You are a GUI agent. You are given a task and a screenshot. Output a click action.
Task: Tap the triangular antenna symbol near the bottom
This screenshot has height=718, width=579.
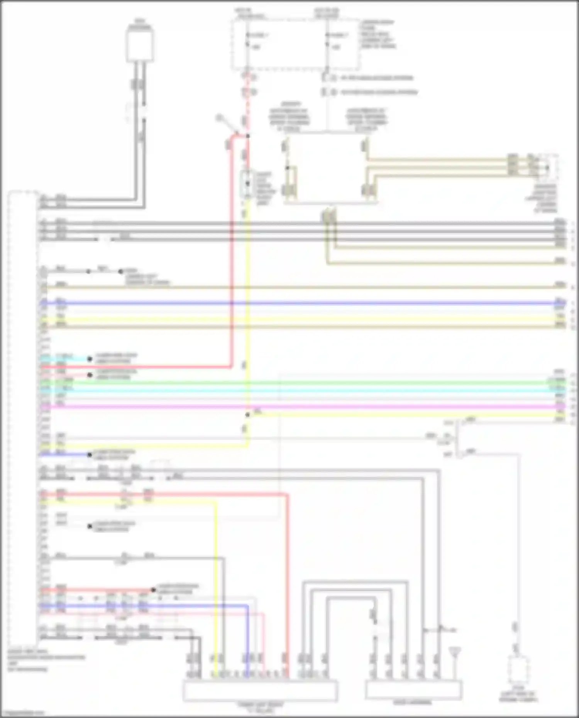click(x=455, y=652)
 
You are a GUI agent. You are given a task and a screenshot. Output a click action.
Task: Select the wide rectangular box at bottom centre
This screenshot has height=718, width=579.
click(x=260, y=691)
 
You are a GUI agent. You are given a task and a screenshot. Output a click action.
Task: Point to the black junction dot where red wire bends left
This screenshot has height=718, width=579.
click(x=247, y=136)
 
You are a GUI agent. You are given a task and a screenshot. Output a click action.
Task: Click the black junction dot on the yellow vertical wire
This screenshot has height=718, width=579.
click(x=247, y=415)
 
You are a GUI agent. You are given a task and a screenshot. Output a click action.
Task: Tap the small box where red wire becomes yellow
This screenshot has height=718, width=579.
click(x=247, y=183)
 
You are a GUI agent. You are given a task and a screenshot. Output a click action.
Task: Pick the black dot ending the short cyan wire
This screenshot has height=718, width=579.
click(x=90, y=359)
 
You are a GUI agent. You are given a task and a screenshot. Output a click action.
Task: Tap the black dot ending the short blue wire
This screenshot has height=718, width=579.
click(x=90, y=454)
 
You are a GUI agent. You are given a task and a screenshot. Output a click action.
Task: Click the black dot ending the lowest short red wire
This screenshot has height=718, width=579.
click(x=153, y=590)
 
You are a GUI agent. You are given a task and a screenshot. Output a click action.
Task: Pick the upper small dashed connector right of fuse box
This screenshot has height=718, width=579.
click(x=327, y=78)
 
